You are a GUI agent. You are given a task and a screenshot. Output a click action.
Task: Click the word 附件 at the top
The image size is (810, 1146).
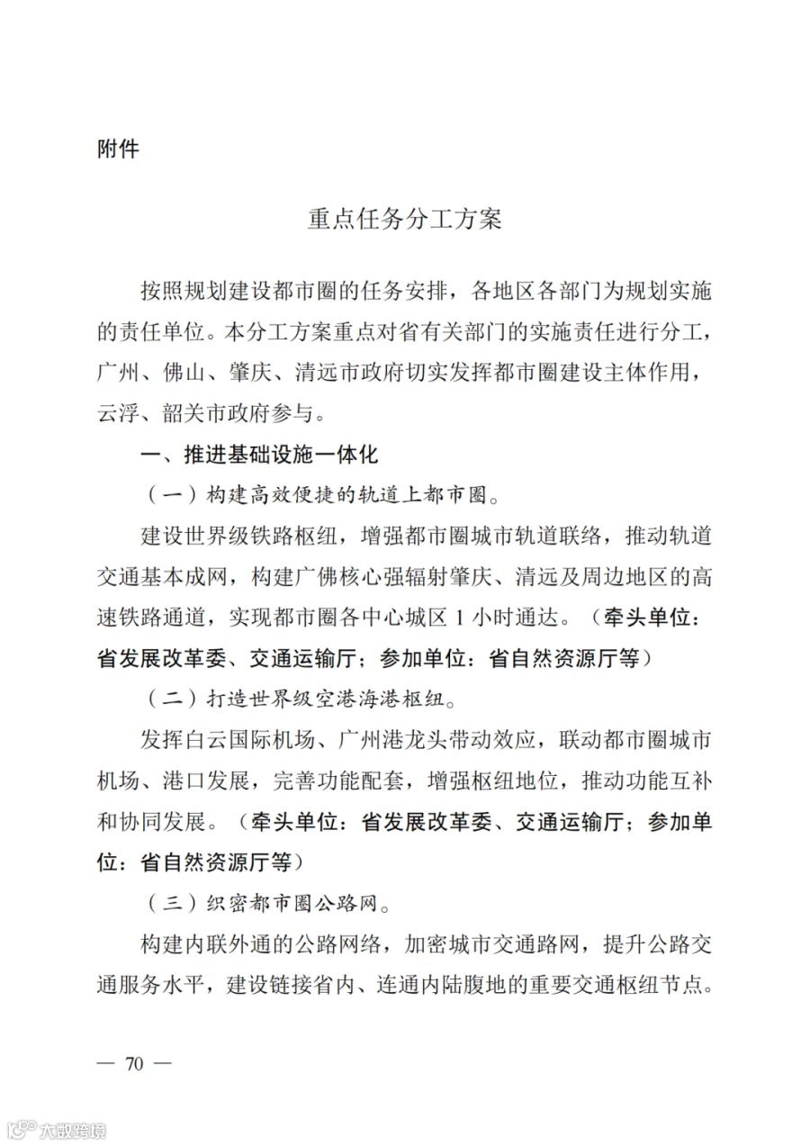click(118, 149)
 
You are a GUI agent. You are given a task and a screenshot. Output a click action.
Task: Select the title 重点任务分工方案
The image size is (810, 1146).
click(404, 220)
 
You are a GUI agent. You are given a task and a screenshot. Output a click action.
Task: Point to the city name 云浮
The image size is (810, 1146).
click(118, 413)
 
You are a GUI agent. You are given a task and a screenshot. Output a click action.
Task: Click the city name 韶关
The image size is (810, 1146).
click(184, 413)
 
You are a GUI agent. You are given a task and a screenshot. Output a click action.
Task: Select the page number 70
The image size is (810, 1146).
click(135, 1063)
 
